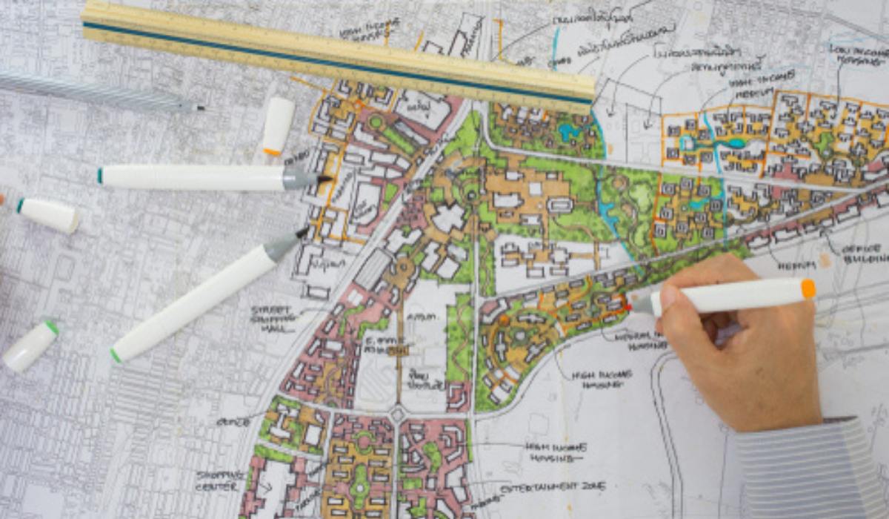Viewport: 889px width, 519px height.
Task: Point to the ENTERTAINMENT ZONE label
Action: [552, 487]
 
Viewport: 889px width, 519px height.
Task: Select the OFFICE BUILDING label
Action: [864, 254]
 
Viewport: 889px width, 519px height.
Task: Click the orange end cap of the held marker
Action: [808, 288]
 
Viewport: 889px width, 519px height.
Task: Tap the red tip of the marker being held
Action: [629, 305]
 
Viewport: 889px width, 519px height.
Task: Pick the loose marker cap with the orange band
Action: [278, 127]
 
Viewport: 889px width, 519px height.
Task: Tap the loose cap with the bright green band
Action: [30, 346]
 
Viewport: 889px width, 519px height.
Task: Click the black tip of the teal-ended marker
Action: [324, 179]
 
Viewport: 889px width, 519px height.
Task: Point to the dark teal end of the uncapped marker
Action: [101, 176]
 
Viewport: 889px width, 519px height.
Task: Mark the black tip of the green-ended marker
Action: [303, 233]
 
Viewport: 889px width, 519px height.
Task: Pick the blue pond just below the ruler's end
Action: [570, 133]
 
